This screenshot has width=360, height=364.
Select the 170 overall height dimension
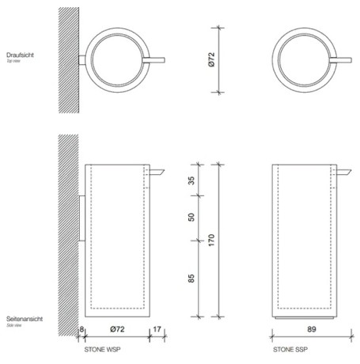pyautogui.click(x=210, y=239)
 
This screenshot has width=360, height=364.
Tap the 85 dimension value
pyautogui.click(x=191, y=279)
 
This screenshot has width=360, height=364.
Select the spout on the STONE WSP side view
pyautogui.click(x=157, y=171)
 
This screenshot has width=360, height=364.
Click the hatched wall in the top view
pyautogui.click(x=66, y=55)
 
